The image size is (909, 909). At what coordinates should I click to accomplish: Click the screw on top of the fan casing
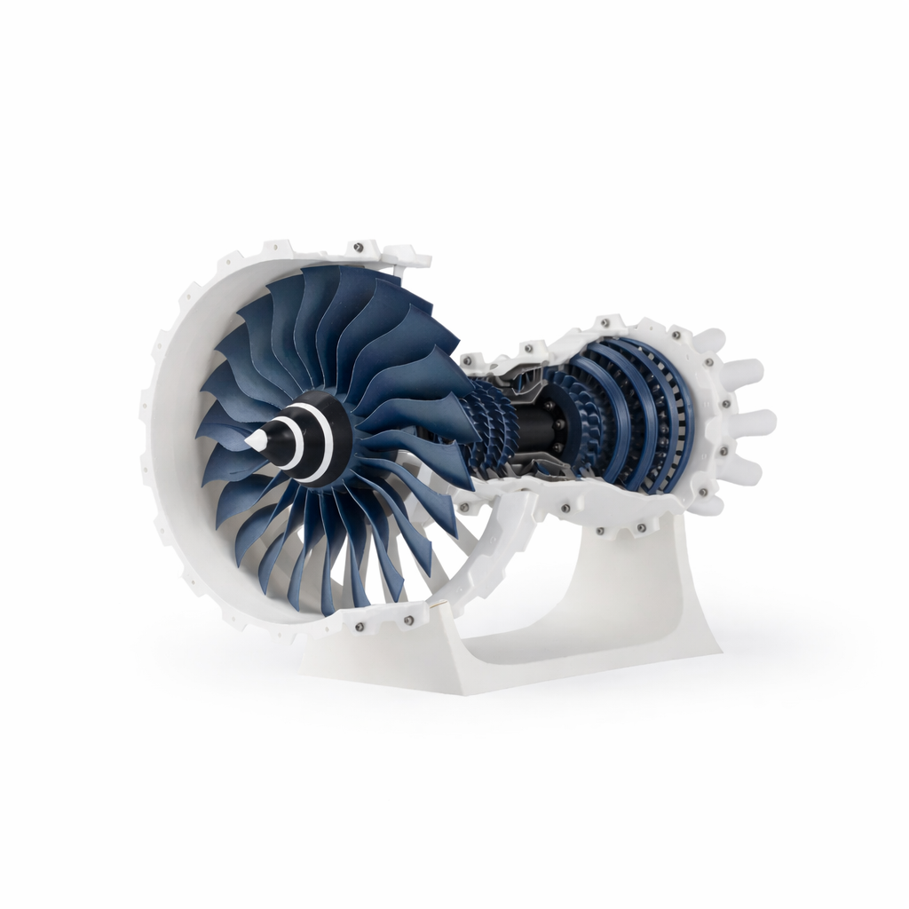pyautogui.click(x=358, y=247)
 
